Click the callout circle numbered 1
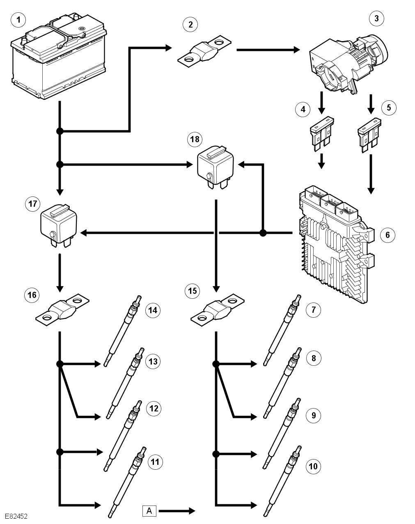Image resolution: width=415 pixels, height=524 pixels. [18, 19]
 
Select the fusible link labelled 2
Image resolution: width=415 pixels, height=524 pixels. [203, 53]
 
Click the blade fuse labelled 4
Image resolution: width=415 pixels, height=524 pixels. [321, 134]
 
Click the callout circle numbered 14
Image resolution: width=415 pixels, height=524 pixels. [153, 310]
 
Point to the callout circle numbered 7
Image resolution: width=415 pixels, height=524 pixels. [313, 309]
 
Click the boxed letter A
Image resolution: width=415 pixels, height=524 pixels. [149, 511]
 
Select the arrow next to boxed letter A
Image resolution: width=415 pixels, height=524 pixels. [177, 511]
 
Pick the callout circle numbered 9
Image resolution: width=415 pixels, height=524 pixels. [313, 415]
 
